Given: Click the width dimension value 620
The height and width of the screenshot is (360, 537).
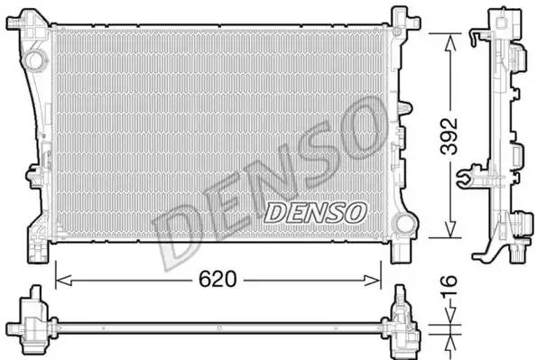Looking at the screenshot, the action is point(218,280).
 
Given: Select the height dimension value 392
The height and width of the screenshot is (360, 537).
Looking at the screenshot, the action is point(449,135).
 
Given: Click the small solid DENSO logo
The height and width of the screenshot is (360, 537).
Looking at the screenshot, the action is point(315,212).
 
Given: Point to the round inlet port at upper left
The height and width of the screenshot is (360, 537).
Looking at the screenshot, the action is point(34,60).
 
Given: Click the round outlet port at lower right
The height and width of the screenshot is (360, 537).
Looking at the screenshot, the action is point(404,223).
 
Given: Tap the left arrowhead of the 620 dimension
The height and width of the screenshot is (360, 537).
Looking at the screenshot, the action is point(63,281).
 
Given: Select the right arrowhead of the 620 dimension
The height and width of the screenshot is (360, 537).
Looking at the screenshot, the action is point(373,281).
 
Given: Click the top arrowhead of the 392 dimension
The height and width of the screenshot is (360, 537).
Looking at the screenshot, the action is point(450,42).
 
